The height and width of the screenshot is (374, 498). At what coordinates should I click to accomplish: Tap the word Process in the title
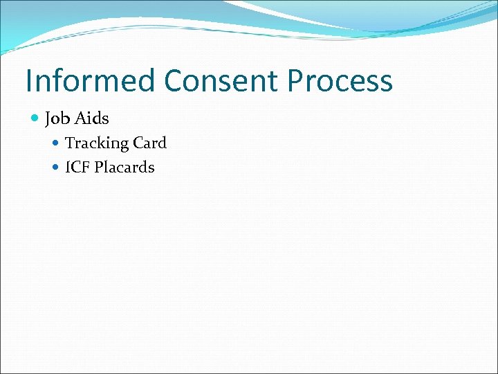click(340, 82)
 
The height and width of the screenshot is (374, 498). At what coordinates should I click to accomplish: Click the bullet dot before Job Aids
click(36, 118)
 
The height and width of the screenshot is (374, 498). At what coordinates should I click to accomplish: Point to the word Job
click(57, 119)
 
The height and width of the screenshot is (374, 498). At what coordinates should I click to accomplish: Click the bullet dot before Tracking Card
click(57, 143)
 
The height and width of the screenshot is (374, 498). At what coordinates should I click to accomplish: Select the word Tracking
click(97, 143)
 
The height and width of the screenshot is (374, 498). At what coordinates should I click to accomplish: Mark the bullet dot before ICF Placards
click(57, 167)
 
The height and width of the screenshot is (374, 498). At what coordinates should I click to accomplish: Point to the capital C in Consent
click(175, 80)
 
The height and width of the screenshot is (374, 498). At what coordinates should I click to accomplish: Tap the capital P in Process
click(296, 80)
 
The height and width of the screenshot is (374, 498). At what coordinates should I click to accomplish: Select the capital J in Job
click(48, 119)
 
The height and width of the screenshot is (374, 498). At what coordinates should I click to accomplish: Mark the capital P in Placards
click(100, 167)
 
